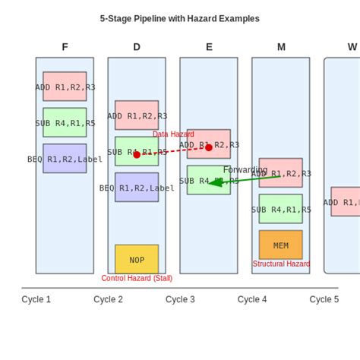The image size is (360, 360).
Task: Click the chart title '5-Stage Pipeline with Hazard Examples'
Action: pos(179,19)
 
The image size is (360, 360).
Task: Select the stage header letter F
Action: pos(65,47)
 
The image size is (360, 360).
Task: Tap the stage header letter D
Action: pos(137,47)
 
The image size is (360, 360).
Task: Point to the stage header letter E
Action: pos(209,47)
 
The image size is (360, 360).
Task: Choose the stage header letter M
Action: pos(281,47)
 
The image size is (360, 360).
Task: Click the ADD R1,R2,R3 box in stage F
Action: pos(65,87)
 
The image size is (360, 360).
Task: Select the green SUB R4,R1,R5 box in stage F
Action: pos(65,122)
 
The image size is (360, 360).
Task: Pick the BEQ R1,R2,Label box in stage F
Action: pos(65,159)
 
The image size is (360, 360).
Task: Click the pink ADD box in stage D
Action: pos(137,115)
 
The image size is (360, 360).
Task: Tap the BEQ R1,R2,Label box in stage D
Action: pos(137,188)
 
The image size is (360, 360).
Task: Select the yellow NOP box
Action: pos(137,259)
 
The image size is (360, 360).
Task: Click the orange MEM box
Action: pos(281,245)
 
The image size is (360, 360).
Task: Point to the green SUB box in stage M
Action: pos(281,209)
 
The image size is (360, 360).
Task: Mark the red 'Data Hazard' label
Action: pos(173,134)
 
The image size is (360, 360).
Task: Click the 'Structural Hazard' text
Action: pos(281,264)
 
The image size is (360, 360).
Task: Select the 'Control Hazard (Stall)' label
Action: pos(137,279)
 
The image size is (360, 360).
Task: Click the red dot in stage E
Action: pos(209,147)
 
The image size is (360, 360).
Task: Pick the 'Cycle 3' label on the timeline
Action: pos(180,299)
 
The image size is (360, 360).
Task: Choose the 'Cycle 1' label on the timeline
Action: pos(36,299)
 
